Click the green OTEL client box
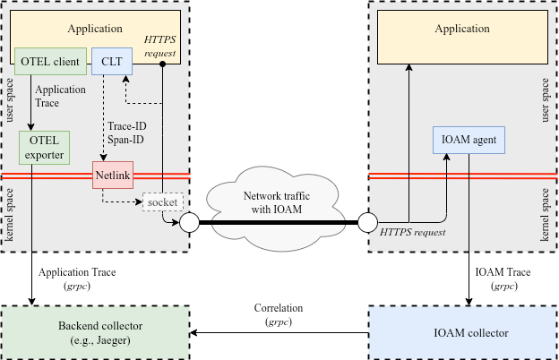(50, 61)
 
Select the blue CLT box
(112, 61)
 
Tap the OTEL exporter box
(44, 148)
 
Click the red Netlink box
(113, 175)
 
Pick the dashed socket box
(163, 202)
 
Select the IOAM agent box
(469, 140)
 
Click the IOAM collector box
(463, 332)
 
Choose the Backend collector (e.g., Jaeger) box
(95, 332)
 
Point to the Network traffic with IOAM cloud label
(277, 202)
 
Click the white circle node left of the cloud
(189, 222)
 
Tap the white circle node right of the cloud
(367, 222)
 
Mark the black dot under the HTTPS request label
(162, 64)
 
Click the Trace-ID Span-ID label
(127, 133)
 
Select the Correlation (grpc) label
(279, 314)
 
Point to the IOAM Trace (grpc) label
(503, 279)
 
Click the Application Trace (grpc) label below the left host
(77, 279)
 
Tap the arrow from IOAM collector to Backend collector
(279, 333)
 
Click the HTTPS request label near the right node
(412, 233)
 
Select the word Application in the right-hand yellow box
(462, 29)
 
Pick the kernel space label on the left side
(9, 215)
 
